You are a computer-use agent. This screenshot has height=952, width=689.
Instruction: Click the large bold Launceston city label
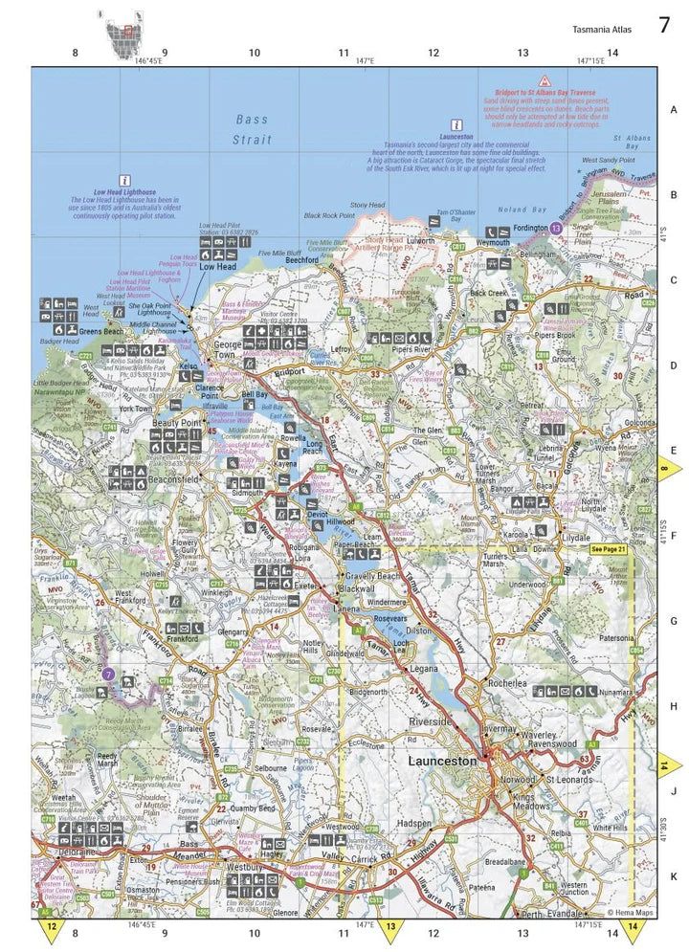[441, 761]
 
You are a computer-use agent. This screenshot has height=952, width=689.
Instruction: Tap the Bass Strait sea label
[253, 129]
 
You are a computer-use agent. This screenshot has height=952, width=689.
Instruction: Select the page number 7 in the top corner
[664, 26]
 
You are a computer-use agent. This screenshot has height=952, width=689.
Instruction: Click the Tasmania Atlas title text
[602, 30]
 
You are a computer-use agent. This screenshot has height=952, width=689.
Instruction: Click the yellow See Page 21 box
[609, 550]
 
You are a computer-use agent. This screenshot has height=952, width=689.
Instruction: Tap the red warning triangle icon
[545, 82]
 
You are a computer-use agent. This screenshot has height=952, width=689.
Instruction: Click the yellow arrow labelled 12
[50, 927]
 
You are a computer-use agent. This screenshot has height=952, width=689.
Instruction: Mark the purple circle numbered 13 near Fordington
[556, 229]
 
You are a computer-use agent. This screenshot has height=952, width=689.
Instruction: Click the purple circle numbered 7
[109, 675]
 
